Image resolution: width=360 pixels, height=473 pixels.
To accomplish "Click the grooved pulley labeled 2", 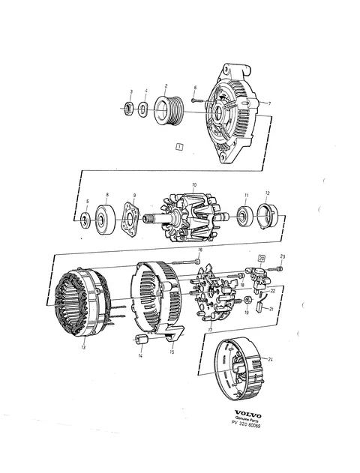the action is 166,109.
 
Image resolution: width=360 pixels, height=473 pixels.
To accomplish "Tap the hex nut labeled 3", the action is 129,108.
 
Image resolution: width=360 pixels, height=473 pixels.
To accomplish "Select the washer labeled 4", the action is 142,109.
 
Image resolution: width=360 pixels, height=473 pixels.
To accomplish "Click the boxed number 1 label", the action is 179,147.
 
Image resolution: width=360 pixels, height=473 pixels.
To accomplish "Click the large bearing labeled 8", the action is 105,219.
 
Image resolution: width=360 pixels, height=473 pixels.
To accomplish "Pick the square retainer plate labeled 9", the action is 130,219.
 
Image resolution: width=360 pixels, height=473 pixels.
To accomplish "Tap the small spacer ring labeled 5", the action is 85,220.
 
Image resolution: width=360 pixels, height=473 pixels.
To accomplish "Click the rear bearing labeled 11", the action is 244,217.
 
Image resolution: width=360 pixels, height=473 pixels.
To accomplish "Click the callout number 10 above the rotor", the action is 194,184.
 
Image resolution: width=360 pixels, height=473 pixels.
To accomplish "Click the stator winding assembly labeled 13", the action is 82,302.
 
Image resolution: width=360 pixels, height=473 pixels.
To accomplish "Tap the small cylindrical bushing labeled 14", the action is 140,340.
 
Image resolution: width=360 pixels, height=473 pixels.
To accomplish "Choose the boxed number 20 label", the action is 262,259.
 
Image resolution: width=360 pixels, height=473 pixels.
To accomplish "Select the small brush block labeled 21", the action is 259,307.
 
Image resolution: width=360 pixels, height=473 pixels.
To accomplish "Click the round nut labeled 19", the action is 248,300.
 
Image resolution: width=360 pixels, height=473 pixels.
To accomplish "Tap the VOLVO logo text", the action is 248,415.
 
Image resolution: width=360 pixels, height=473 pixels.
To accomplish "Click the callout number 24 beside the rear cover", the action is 271,359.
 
